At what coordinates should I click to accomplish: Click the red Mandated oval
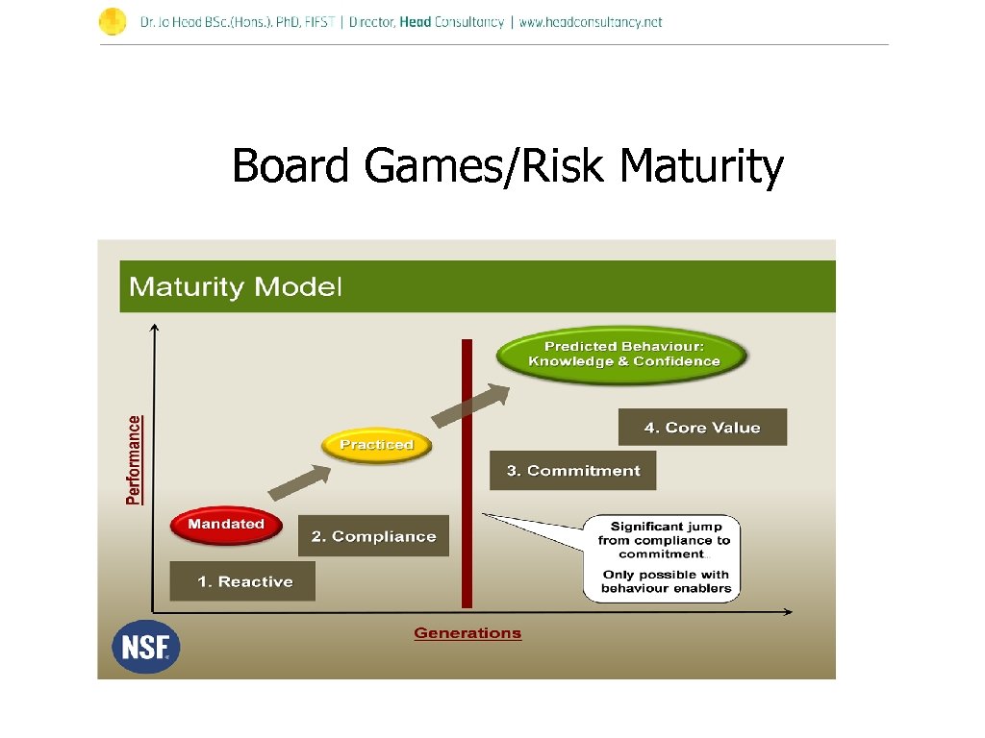pyautogui.click(x=226, y=525)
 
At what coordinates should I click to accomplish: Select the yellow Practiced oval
pyautogui.click(x=377, y=445)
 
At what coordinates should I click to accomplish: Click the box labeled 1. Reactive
pyautogui.click(x=242, y=581)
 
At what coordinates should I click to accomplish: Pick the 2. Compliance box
pyautogui.click(x=373, y=536)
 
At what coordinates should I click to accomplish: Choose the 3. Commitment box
pyautogui.click(x=572, y=471)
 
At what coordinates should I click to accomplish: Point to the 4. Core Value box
pyautogui.click(x=702, y=428)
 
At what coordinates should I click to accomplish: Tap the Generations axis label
pyautogui.click(x=467, y=633)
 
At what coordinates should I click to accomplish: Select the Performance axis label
pyautogui.click(x=134, y=459)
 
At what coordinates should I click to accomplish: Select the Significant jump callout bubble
pyautogui.click(x=663, y=558)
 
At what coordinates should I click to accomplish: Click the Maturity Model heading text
pyautogui.click(x=236, y=286)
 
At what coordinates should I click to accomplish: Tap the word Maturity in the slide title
pyautogui.click(x=701, y=166)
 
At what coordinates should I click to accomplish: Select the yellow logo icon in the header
pyautogui.click(x=113, y=21)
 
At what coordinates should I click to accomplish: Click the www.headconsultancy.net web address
pyautogui.click(x=591, y=22)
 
